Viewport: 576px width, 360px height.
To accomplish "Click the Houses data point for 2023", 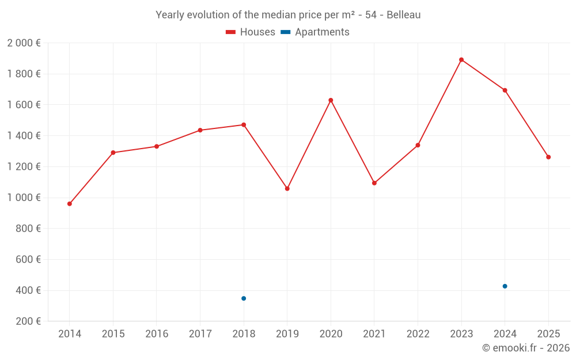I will [x=461, y=60].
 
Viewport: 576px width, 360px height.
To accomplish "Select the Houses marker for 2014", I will [x=70, y=204].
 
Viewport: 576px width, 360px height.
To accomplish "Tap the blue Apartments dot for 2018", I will [x=244, y=298].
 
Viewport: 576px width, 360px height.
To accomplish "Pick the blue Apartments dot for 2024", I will [x=505, y=286].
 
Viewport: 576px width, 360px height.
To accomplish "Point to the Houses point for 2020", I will [x=331, y=100].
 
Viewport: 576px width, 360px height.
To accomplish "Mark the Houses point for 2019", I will [x=287, y=188].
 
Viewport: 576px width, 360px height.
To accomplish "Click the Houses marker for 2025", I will [x=548, y=157].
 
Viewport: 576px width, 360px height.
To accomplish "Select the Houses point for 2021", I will [x=374, y=183].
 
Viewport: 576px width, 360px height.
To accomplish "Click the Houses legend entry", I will [x=251, y=32].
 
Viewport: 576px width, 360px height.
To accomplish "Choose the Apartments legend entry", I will [x=315, y=32].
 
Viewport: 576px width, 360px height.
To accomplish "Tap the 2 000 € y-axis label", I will [x=24, y=43].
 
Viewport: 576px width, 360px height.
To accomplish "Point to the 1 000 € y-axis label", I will [x=24, y=198].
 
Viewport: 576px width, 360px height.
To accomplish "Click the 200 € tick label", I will [x=28, y=321].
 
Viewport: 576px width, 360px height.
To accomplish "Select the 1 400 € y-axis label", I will [x=24, y=136].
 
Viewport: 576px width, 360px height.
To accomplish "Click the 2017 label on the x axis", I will [x=200, y=334].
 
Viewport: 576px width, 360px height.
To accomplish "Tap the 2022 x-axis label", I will [x=418, y=334].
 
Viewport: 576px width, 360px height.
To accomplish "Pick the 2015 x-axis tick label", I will [x=113, y=334].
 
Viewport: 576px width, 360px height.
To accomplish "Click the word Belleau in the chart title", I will [x=403, y=15].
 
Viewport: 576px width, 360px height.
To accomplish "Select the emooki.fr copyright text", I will [x=525, y=348].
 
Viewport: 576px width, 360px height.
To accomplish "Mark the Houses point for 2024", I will [x=505, y=90].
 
